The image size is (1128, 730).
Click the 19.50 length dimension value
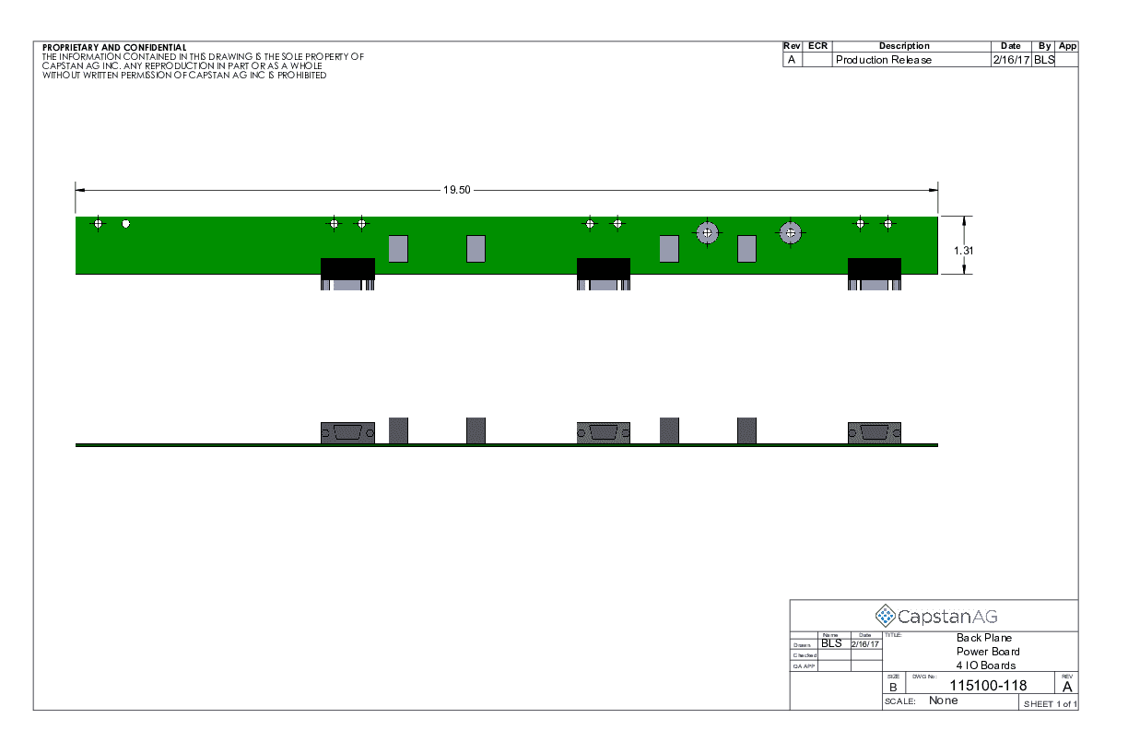pyautogui.click(x=456, y=190)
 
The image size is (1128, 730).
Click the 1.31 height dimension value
pyautogui.click(x=963, y=251)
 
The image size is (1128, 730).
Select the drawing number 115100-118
pyautogui.click(x=988, y=685)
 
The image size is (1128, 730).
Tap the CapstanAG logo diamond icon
pyautogui.click(x=885, y=616)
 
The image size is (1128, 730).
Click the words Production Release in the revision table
pyautogui.click(x=884, y=60)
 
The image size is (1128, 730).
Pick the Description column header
pyautogui.click(x=904, y=46)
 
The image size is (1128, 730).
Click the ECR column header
pyautogui.click(x=817, y=46)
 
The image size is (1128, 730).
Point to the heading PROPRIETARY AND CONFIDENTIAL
pyautogui.click(x=114, y=47)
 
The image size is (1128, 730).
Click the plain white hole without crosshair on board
pyautogui.click(x=126, y=224)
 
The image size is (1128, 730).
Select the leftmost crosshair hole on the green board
pyautogui.click(x=99, y=224)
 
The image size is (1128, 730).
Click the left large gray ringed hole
pyautogui.click(x=708, y=233)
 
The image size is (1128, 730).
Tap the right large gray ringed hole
pyautogui.click(x=790, y=233)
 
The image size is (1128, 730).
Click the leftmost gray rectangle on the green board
pyautogui.click(x=398, y=249)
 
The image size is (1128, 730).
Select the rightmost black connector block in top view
pyautogui.click(x=875, y=274)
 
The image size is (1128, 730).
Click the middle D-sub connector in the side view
pyautogui.click(x=604, y=433)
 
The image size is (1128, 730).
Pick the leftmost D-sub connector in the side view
pyautogui.click(x=347, y=433)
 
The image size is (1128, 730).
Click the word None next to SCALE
pyautogui.click(x=943, y=701)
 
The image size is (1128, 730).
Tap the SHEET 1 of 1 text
pyautogui.click(x=1051, y=704)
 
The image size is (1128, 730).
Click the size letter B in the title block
pyautogui.click(x=893, y=688)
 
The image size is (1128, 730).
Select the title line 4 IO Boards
pyautogui.click(x=986, y=665)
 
